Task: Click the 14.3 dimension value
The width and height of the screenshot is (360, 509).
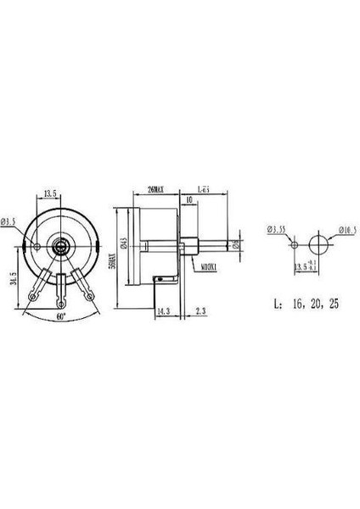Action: tap(163, 311)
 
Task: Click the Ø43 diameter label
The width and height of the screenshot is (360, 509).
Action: tap(124, 246)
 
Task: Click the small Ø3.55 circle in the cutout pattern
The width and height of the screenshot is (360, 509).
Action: tap(293, 245)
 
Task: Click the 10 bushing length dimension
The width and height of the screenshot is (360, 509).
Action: tap(187, 201)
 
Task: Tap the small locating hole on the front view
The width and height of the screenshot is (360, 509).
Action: tap(38, 246)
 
